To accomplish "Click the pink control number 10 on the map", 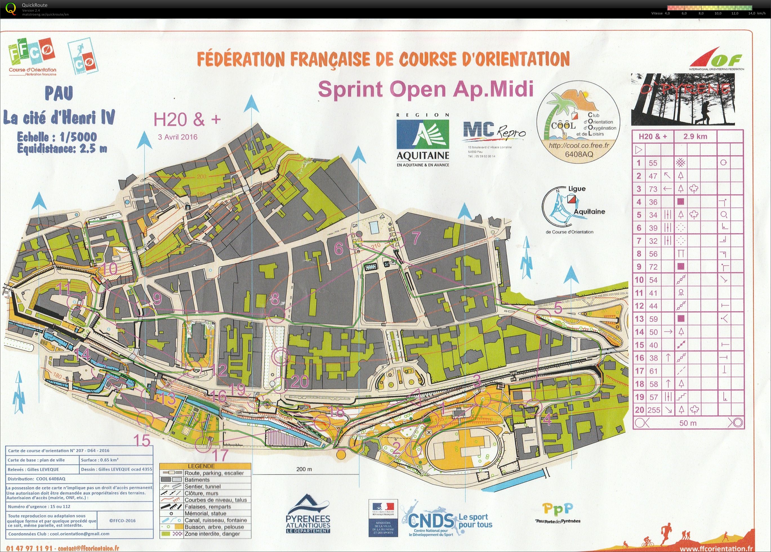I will tap(110, 269).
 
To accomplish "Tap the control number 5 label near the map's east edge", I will tap(558, 308).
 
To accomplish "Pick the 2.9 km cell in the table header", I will tap(695, 137).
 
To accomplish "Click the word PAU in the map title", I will tap(59, 93).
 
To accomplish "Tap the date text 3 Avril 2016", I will tap(177, 137).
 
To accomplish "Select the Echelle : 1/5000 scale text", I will tap(57, 137).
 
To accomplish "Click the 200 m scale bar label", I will tap(304, 469).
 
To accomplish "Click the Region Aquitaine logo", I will tap(423, 140).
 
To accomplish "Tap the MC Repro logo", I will tap(494, 132).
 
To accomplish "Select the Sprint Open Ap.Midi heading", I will tap(425, 89).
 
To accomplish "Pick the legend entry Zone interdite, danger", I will tap(212, 534).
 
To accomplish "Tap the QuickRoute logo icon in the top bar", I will tap(11, 9).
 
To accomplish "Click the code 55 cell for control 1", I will tap(653, 163).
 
